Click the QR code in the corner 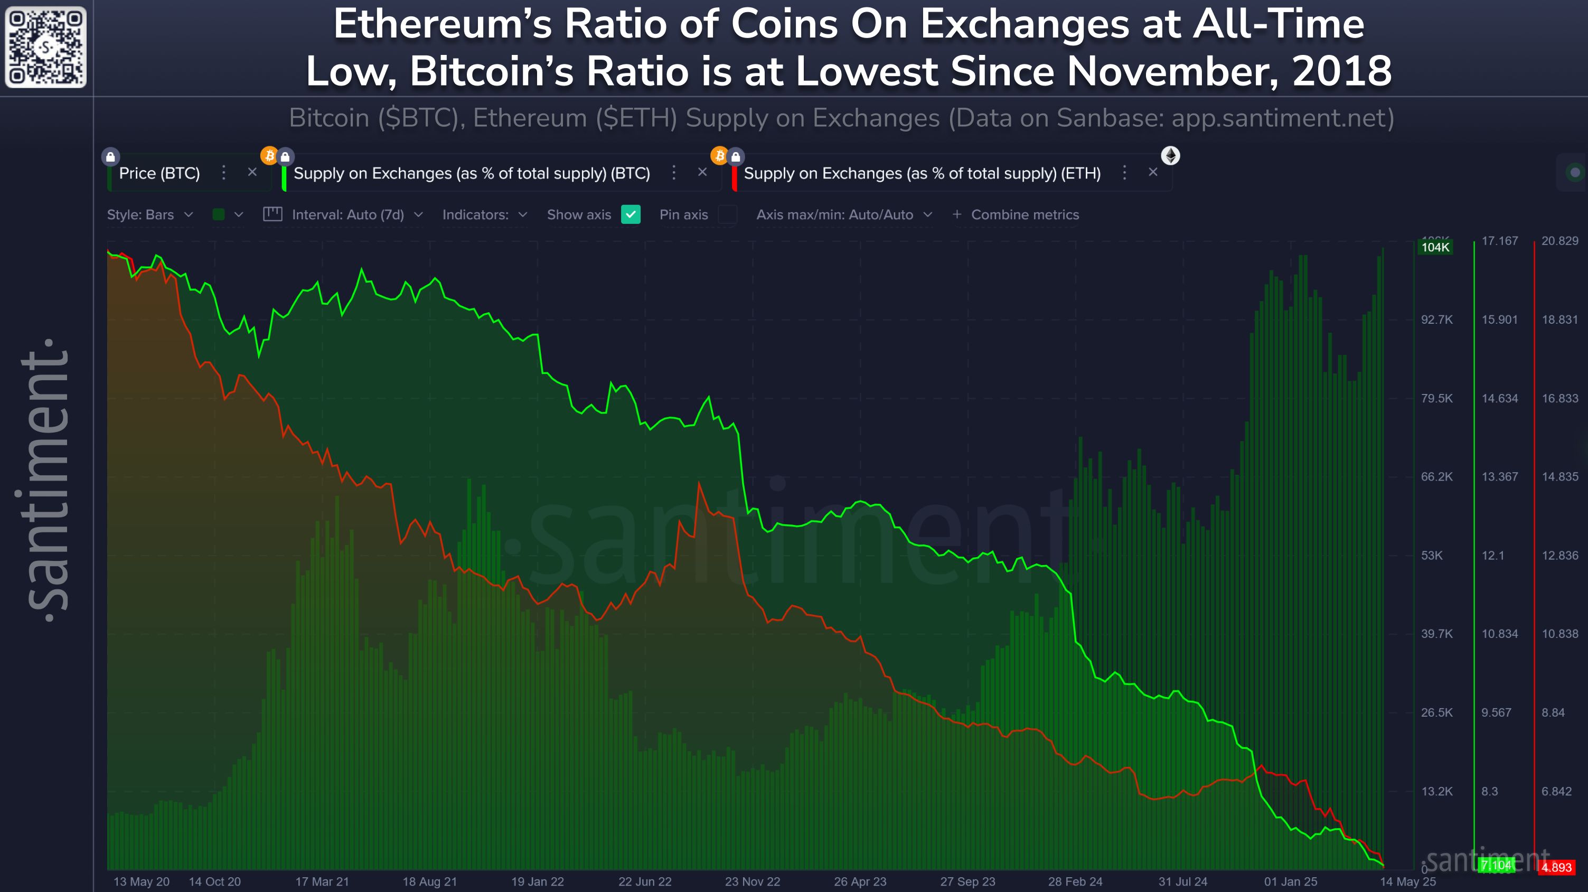45,47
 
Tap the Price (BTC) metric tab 159,173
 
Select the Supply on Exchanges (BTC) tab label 472,173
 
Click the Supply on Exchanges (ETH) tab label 922,173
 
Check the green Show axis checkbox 631,214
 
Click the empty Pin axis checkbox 727,214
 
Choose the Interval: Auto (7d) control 347,214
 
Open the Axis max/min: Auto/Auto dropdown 844,214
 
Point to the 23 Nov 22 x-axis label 752,881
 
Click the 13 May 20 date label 141,881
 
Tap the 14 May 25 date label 1407,881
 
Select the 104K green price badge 1435,247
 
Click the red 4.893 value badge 1556,867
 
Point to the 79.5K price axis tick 1436,398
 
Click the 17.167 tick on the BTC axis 1499,241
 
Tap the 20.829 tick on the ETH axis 1559,241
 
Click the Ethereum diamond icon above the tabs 1170,155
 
